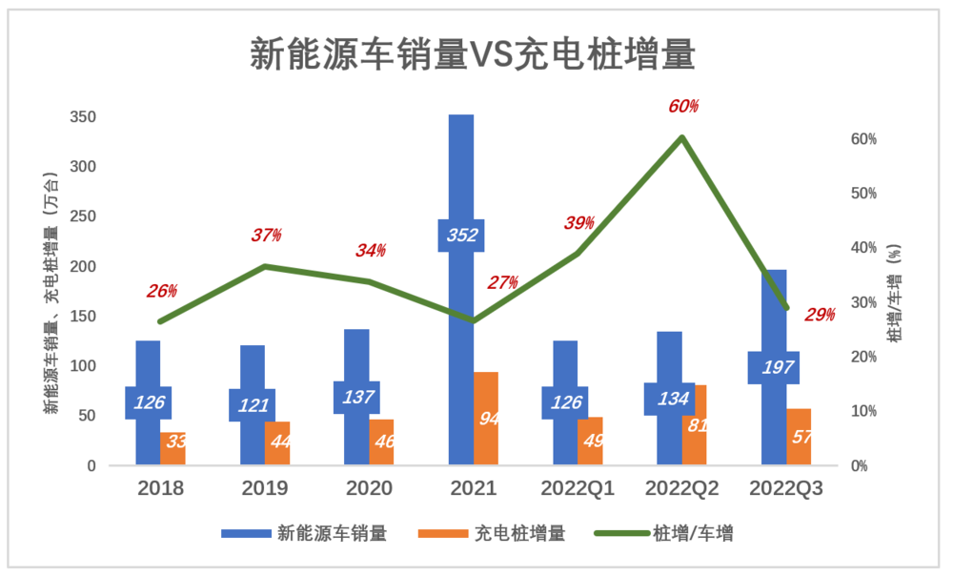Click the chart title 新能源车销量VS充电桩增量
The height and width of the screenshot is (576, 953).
(x=473, y=54)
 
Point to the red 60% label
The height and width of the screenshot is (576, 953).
(x=683, y=106)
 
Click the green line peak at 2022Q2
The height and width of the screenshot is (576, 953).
(x=682, y=137)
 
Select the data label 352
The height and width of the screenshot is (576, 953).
(x=461, y=236)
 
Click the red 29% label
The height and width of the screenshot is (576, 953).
(x=820, y=314)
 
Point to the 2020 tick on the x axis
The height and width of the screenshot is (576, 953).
(x=369, y=488)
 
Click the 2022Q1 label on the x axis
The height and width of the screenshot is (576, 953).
(x=578, y=488)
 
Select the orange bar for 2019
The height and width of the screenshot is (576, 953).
(x=277, y=443)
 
